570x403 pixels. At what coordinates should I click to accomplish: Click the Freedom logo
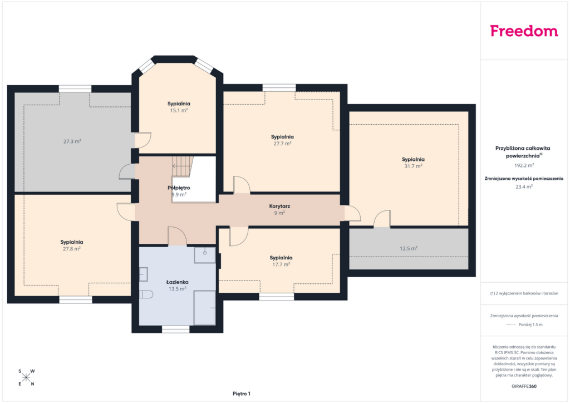[524, 31]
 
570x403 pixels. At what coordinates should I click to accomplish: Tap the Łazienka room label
[178, 282]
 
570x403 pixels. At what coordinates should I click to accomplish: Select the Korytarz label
[279, 206]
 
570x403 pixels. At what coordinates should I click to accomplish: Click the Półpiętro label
[179, 188]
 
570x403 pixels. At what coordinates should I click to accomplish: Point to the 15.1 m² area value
[179, 110]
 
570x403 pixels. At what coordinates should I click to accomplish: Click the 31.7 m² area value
[414, 166]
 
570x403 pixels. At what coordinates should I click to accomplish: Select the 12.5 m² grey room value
[409, 249]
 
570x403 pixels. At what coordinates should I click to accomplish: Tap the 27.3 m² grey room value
[72, 141]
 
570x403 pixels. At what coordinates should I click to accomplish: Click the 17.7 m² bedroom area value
[281, 264]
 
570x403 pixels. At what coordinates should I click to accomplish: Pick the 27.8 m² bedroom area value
[72, 249]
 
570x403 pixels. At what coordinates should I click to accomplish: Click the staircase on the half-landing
[182, 166]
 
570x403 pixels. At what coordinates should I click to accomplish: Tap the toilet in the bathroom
[146, 294]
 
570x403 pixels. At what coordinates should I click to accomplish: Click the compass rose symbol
[26, 377]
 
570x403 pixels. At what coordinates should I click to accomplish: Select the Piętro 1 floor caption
[242, 394]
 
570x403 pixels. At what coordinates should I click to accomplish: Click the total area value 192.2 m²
[524, 165]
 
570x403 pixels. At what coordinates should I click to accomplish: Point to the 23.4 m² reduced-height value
[524, 187]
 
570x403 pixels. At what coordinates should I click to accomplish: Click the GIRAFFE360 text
[524, 386]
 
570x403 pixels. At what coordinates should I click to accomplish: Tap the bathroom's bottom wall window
[175, 329]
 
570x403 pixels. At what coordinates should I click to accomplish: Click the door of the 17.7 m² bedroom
[239, 236]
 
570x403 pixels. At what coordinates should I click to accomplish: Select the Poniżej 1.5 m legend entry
[524, 325]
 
